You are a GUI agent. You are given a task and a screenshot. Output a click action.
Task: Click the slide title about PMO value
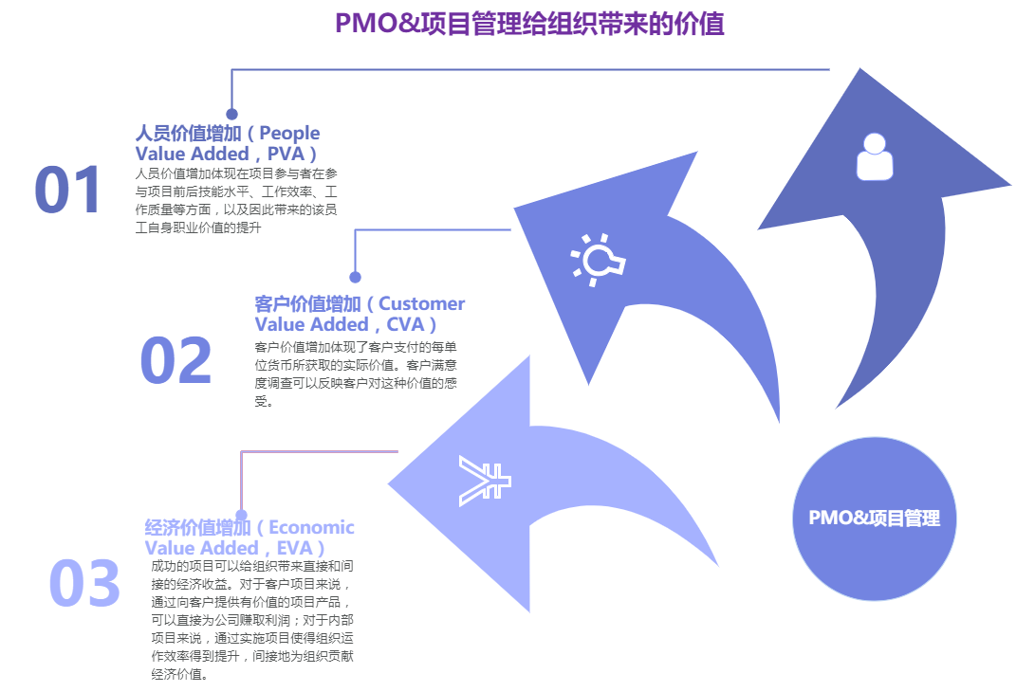coord(529,24)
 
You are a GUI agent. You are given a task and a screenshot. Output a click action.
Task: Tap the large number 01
coord(67,190)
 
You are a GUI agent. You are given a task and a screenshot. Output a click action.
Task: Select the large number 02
coord(175,361)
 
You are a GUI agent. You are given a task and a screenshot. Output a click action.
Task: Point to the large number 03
coord(84,583)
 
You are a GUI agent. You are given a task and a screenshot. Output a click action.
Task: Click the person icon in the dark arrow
coord(875,156)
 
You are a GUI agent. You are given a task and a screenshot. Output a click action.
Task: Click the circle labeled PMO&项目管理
coord(874,518)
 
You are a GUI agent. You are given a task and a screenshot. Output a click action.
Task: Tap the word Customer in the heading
coord(422,304)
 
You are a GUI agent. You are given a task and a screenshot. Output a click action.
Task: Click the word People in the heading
coord(289,133)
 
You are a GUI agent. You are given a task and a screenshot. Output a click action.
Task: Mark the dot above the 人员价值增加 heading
coord(231,114)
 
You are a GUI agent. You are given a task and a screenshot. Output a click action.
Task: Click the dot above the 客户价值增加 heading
coord(355,278)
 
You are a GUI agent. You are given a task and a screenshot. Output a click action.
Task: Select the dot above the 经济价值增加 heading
coord(241,516)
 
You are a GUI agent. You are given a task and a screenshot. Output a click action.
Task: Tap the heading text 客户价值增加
coord(308,304)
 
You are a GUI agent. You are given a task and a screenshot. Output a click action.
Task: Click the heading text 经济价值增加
coord(197,527)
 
